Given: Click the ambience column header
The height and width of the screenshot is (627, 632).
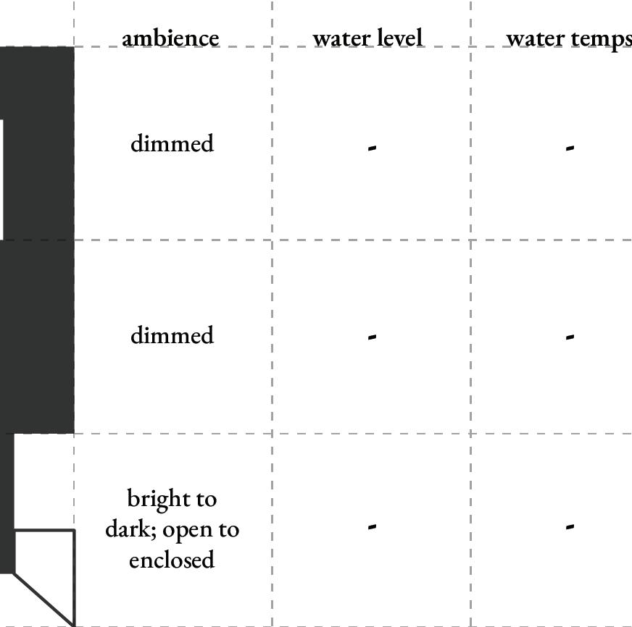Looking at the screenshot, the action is pyautogui.click(x=170, y=38).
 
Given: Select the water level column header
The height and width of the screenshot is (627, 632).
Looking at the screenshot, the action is pyautogui.click(x=367, y=38).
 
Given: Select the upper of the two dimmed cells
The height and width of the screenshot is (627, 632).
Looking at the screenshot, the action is pyautogui.click(x=172, y=143).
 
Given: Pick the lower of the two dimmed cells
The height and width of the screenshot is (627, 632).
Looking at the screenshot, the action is pyautogui.click(x=172, y=335).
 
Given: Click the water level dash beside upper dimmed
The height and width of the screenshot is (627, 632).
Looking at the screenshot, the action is pyautogui.click(x=372, y=148).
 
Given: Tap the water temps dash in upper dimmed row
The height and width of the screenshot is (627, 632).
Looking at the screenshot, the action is pyautogui.click(x=570, y=148).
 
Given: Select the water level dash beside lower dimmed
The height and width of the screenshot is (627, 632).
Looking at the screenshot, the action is pyautogui.click(x=372, y=337).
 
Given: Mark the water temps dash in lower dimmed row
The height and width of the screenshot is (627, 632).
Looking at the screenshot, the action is pyautogui.click(x=570, y=337).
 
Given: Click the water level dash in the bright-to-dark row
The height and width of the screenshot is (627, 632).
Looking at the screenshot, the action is pyautogui.click(x=372, y=526).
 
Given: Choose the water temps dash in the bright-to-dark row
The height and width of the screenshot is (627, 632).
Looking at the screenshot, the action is pyautogui.click(x=570, y=526).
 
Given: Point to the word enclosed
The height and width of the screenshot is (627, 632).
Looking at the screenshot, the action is pyautogui.click(x=172, y=560).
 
